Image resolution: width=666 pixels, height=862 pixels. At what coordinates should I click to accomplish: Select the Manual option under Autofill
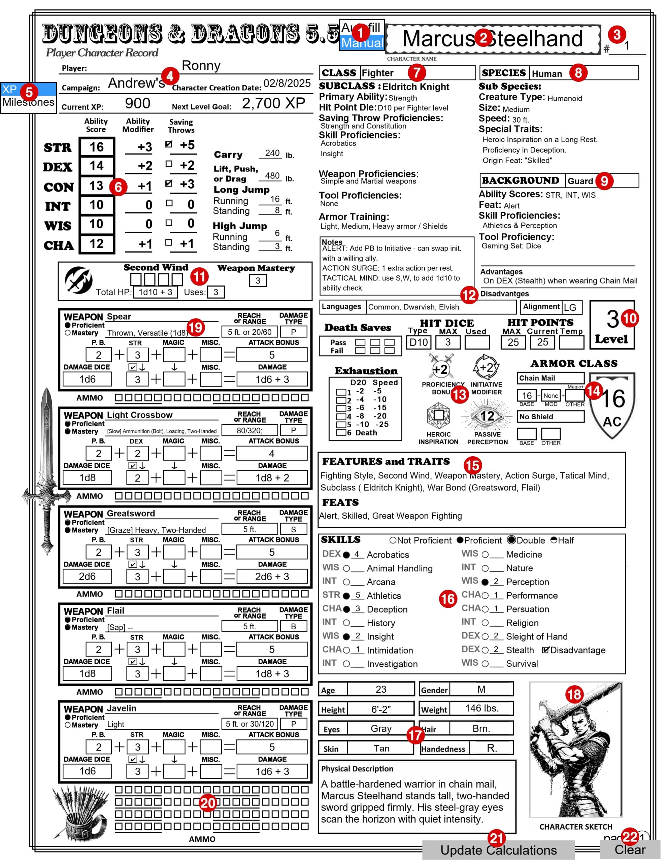click(362, 43)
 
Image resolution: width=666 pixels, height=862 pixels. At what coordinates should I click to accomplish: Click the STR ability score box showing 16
click(97, 147)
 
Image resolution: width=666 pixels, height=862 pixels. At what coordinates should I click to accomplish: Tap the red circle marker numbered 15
click(472, 465)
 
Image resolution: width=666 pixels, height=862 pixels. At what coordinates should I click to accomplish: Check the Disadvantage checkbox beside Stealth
click(545, 650)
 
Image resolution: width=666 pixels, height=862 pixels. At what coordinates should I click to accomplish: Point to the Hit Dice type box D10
click(419, 342)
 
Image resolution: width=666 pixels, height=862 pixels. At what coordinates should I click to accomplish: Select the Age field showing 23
click(380, 689)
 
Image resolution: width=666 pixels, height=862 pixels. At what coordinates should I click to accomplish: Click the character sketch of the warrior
click(575, 750)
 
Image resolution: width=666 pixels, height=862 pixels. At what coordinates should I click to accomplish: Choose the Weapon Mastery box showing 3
click(258, 280)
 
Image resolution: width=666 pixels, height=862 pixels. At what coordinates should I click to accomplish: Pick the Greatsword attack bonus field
click(272, 552)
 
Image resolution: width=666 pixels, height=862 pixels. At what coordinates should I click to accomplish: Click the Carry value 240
click(272, 153)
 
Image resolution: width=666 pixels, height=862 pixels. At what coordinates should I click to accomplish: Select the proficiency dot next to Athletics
click(346, 596)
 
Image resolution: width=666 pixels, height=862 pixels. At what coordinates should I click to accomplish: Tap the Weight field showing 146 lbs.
click(481, 708)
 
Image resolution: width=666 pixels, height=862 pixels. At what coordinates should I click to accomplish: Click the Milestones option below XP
click(28, 103)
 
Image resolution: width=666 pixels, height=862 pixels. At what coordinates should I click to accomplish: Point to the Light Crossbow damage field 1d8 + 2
click(272, 478)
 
